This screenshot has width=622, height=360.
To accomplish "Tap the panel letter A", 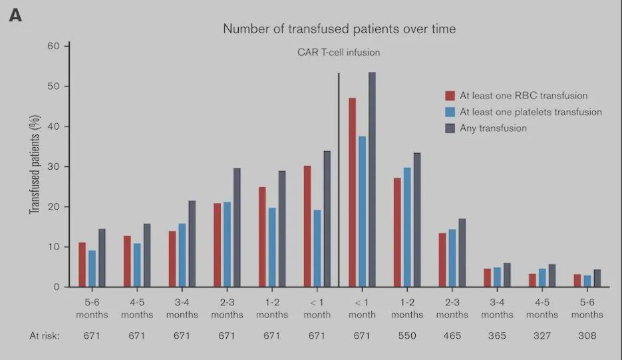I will pyautogui.click(x=15, y=15).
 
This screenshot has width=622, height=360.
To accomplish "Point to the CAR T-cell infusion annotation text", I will pyautogui.click(x=339, y=52).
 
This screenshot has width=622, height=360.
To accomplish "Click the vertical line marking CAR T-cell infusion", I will pyautogui.click(x=339, y=180).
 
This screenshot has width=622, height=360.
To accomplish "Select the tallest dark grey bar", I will pyautogui.click(x=372, y=180).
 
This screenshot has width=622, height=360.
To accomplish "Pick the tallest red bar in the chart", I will pyautogui.click(x=352, y=192).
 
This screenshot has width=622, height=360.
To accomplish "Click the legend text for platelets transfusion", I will pyautogui.click(x=530, y=112).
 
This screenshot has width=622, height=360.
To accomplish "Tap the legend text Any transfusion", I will pyautogui.click(x=493, y=128).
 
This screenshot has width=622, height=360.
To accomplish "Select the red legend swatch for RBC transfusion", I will pyautogui.click(x=450, y=96).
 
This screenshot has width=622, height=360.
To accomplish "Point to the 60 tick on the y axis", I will pyautogui.click(x=54, y=46).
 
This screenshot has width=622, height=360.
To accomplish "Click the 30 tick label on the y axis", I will pyautogui.click(x=54, y=166).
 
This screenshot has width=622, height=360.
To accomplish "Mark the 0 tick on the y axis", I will pyautogui.click(x=57, y=287).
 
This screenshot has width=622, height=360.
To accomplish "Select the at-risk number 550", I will pyautogui.click(x=406, y=335).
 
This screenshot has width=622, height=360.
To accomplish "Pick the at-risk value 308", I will pyautogui.click(x=587, y=335).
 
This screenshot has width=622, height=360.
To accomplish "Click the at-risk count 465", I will pyautogui.click(x=452, y=335).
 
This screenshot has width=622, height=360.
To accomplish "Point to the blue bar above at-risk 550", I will pyautogui.click(x=407, y=227).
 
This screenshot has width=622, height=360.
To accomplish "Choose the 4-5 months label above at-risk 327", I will pyautogui.click(x=542, y=309).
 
